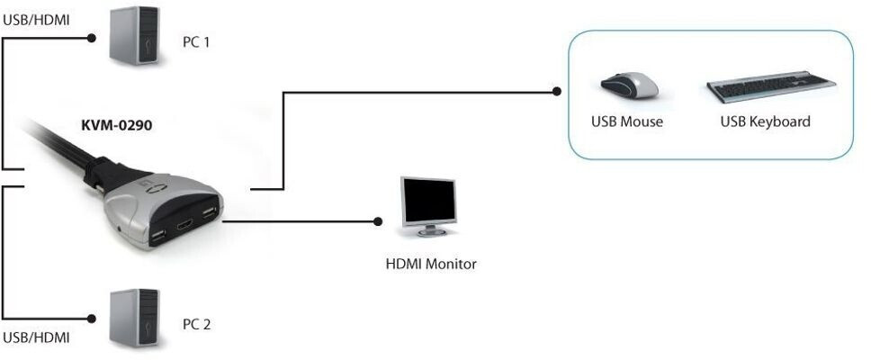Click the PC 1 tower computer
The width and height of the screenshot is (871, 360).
tap(134, 36)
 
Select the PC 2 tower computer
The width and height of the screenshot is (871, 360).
tap(134, 318)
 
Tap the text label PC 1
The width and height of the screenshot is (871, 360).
tap(196, 42)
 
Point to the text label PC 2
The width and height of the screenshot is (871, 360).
tap(197, 324)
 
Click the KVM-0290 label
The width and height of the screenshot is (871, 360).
tap(117, 126)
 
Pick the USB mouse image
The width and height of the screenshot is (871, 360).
tap(629, 85)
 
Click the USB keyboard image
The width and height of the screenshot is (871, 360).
tap(771, 86)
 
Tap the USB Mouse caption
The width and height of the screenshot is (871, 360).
tap(627, 121)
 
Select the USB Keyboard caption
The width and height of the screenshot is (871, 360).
tap(766, 121)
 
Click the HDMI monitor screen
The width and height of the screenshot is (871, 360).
tap(429, 201)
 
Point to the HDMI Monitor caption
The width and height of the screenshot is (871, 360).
tap(431, 264)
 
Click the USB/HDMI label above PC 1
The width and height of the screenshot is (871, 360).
tap(37, 21)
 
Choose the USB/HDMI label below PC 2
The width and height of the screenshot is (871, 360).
tap(37, 337)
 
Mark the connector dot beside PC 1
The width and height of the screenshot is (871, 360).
tap(92, 38)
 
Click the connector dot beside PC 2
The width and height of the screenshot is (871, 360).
tap(92, 319)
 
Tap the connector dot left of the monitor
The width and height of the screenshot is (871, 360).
tap(378, 221)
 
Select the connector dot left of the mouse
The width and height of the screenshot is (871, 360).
tap(557, 92)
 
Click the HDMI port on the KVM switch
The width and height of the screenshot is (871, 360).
tap(184, 226)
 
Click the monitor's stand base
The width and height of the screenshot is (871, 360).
tap(432, 232)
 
